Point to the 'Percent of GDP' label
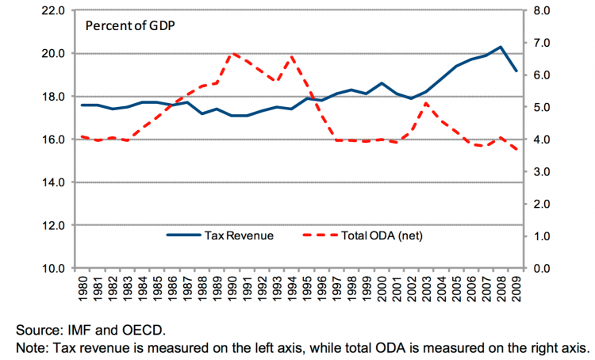click(x=130, y=25)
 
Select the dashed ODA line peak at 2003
click(x=427, y=103)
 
